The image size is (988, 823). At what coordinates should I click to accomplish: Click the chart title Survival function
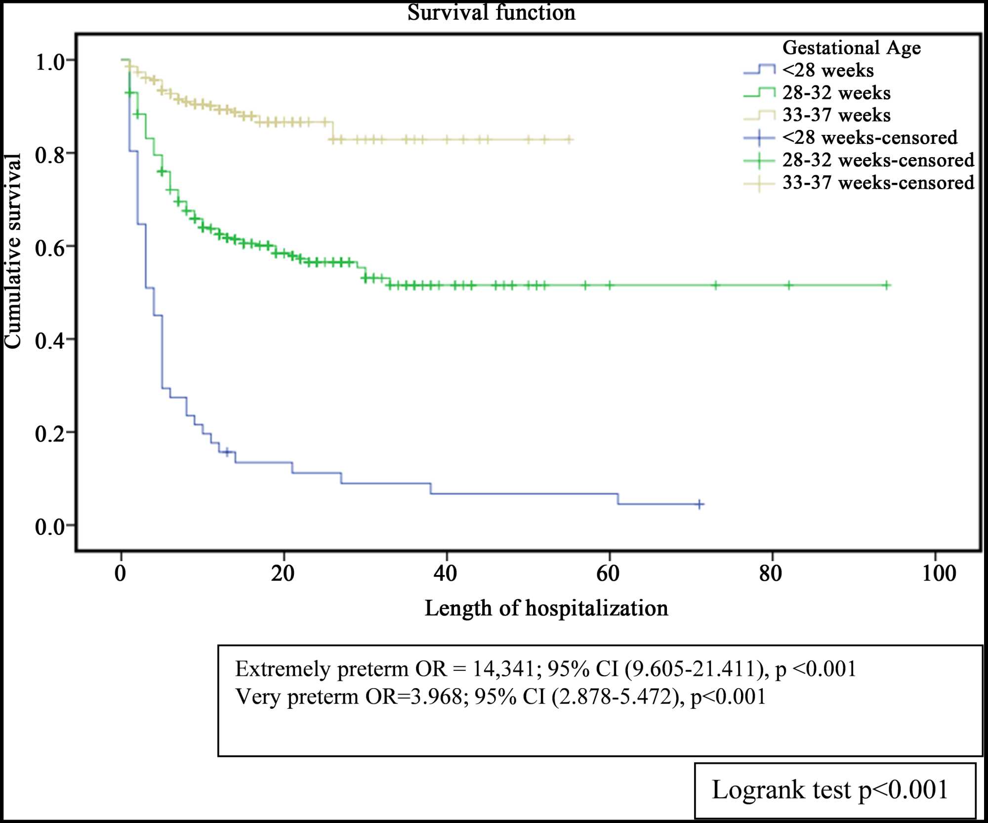(491, 12)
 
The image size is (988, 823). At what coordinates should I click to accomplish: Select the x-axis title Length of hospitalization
(546, 608)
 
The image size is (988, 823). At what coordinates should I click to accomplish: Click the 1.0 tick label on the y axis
(50, 62)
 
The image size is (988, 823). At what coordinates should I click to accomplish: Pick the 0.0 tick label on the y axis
(50, 527)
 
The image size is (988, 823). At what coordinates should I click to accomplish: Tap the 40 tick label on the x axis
(445, 574)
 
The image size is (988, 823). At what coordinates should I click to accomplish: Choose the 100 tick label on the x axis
(939, 574)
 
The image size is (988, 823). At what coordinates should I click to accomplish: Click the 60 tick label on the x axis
(608, 574)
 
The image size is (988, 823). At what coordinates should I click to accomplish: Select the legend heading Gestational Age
(851, 48)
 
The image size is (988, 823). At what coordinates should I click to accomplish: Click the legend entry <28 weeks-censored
(869, 138)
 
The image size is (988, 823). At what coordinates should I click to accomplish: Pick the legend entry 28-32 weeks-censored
(878, 161)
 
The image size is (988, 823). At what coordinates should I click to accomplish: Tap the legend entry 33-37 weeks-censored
(878, 183)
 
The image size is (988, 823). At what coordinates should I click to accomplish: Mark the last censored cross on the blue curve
(700, 504)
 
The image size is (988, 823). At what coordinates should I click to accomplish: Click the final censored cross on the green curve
(887, 285)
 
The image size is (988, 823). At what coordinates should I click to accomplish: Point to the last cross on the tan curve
(569, 140)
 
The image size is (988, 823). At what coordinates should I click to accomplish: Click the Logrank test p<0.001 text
(830, 789)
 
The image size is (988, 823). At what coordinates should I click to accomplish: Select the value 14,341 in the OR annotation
(503, 669)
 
